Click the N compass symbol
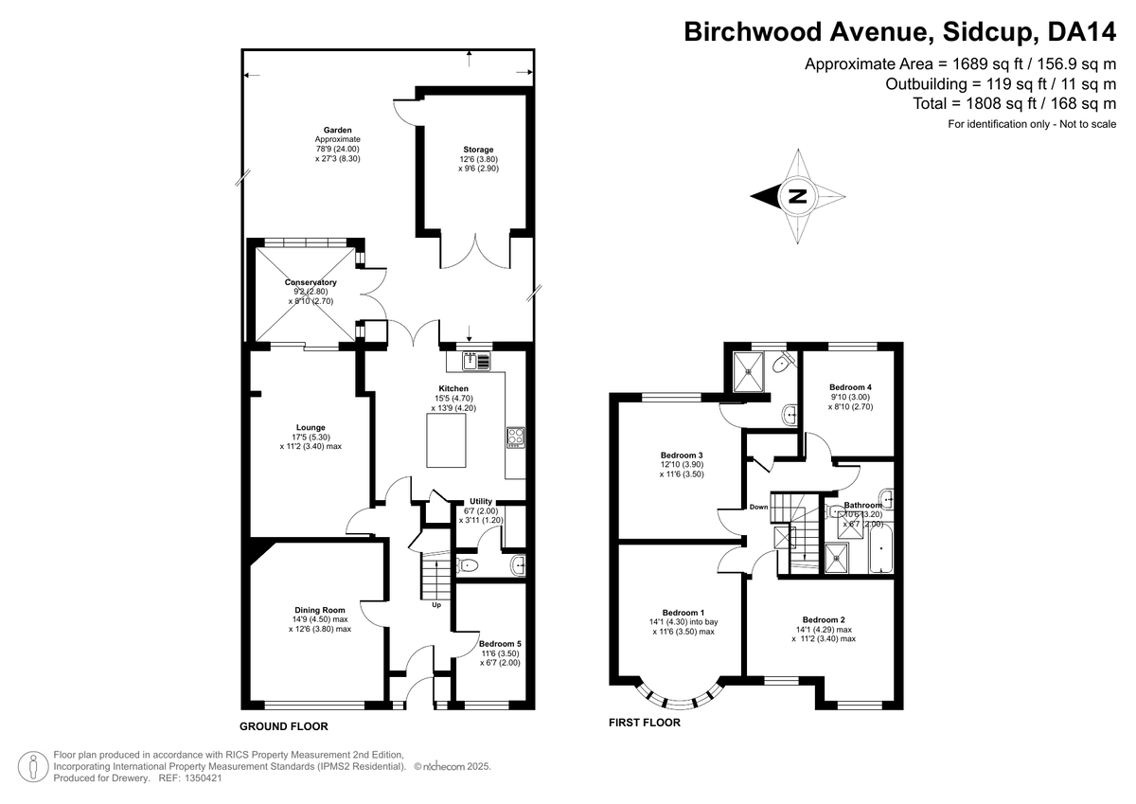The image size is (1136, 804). [798, 197]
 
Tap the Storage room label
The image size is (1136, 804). [478, 150]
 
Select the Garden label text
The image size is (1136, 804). [337, 130]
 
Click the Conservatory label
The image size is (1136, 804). [311, 282]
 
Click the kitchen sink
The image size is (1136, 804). [476, 360]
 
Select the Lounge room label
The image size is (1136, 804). [311, 427]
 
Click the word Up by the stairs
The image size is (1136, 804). [436, 604]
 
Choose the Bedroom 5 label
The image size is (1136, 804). [499, 643]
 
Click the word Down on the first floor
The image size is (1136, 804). [758, 507]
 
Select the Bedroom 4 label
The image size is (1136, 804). [849, 387]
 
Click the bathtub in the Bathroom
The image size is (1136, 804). [879, 554]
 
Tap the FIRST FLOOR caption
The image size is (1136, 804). [644, 722]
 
